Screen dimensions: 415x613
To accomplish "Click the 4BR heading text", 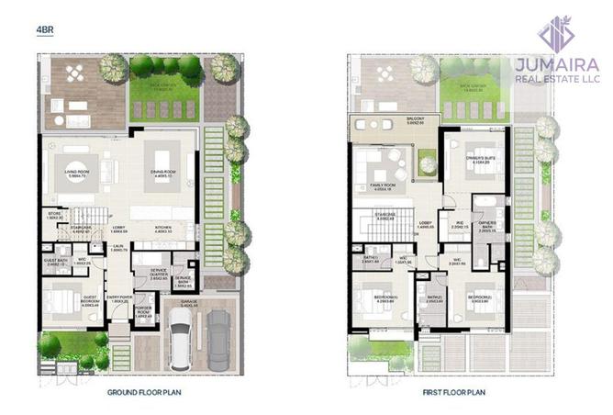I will coord(43,30).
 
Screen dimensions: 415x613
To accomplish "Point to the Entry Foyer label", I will coord(118,299).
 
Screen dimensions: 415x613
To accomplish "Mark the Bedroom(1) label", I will coord(385,298).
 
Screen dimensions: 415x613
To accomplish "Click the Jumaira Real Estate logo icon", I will coord(556,33).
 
